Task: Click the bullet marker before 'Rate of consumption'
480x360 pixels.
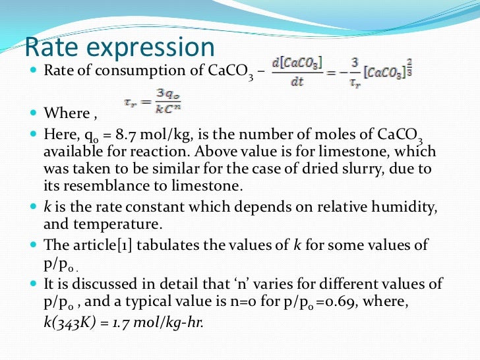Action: coord(35,70)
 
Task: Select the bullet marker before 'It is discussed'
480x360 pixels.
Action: coord(35,284)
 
